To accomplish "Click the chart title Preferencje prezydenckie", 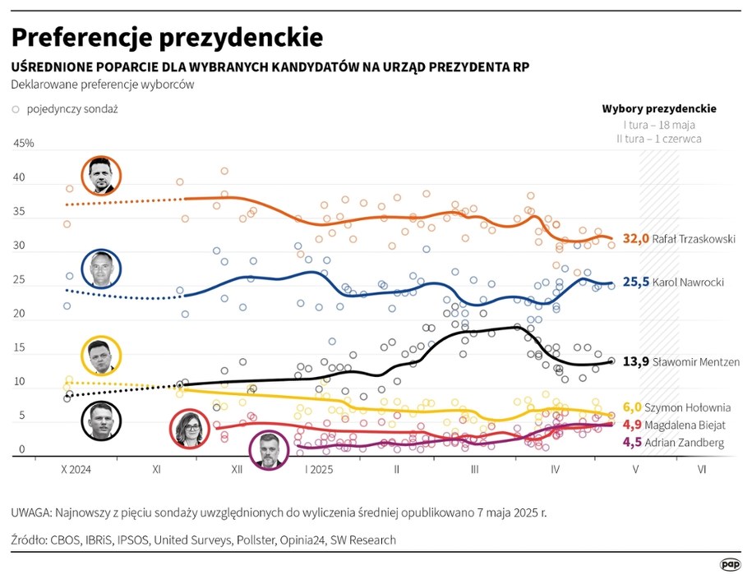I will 167,37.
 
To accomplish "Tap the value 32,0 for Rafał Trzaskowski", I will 636,239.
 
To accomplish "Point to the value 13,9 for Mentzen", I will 636,361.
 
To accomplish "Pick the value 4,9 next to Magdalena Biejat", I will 631,425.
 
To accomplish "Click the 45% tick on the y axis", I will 23,144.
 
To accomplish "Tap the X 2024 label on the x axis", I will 76,470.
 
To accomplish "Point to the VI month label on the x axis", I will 701,470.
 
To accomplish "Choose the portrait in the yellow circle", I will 102,356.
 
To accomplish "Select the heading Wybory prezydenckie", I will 659,108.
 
